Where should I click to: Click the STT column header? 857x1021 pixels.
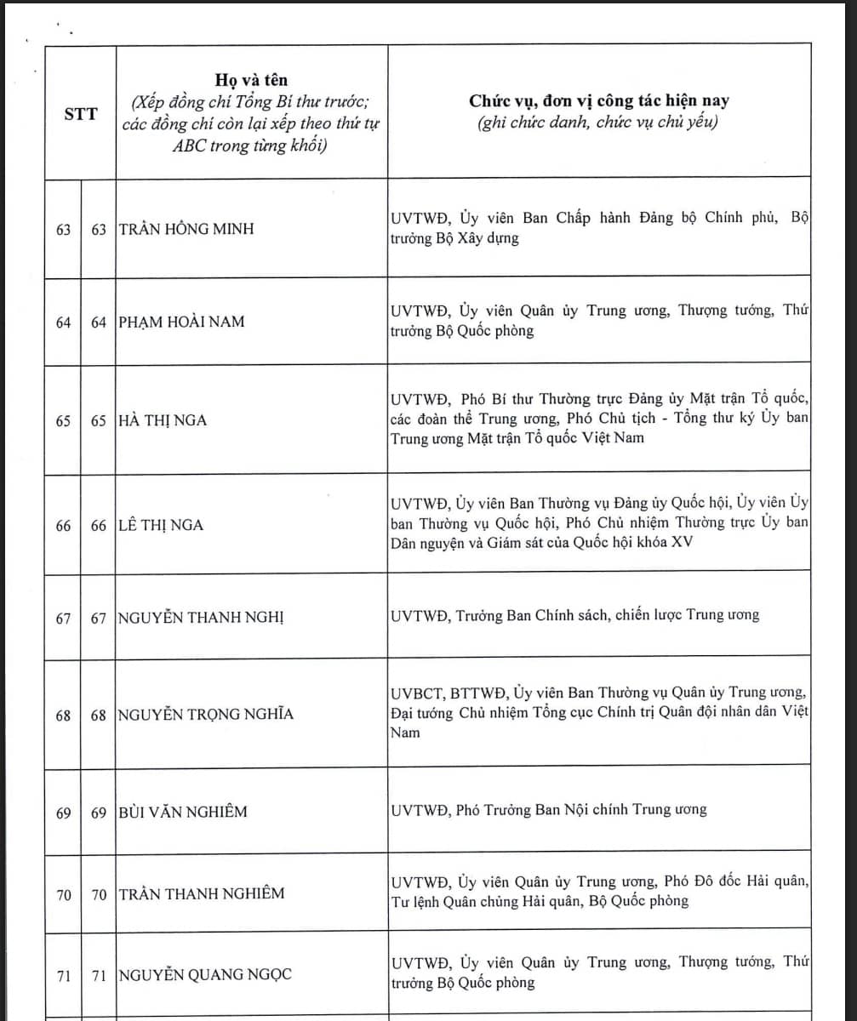pyautogui.click(x=80, y=112)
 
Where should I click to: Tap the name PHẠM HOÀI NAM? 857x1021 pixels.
pyautogui.click(x=180, y=322)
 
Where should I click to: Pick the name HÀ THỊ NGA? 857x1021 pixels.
pyautogui.click(x=162, y=420)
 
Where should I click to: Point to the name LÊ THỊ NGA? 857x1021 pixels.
pyautogui.click(x=161, y=525)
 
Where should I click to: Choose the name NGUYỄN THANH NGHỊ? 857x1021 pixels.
pyautogui.click(x=201, y=618)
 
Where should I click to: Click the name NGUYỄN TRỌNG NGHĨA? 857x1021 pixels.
pyautogui.click(x=205, y=715)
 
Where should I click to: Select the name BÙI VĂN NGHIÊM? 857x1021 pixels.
pyautogui.click(x=182, y=813)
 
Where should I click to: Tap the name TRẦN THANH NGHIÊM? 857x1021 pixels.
pyautogui.click(x=202, y=893)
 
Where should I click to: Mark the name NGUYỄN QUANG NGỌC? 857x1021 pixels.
pyautogui.click(x=204, y=975)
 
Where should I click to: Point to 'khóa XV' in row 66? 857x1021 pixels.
pyautogui.click(x=675, y=542)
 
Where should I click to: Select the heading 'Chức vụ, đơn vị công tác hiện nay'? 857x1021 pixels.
pyautogui.click(x=598, y=101)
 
